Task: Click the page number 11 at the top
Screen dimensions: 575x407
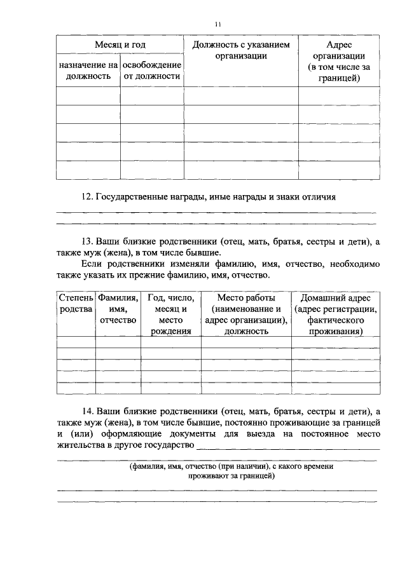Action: (x=217, y=24)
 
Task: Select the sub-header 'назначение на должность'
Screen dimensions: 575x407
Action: (x=88, y=71)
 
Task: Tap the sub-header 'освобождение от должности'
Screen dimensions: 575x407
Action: (x=151, y=71)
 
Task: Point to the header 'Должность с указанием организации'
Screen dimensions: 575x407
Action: (x=241, y=51)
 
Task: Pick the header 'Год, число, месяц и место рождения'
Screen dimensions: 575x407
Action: (x=171, y=314)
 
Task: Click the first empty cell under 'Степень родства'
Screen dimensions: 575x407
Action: (x=76, y=342)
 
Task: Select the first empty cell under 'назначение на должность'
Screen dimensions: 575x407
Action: (x=88, y=95)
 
